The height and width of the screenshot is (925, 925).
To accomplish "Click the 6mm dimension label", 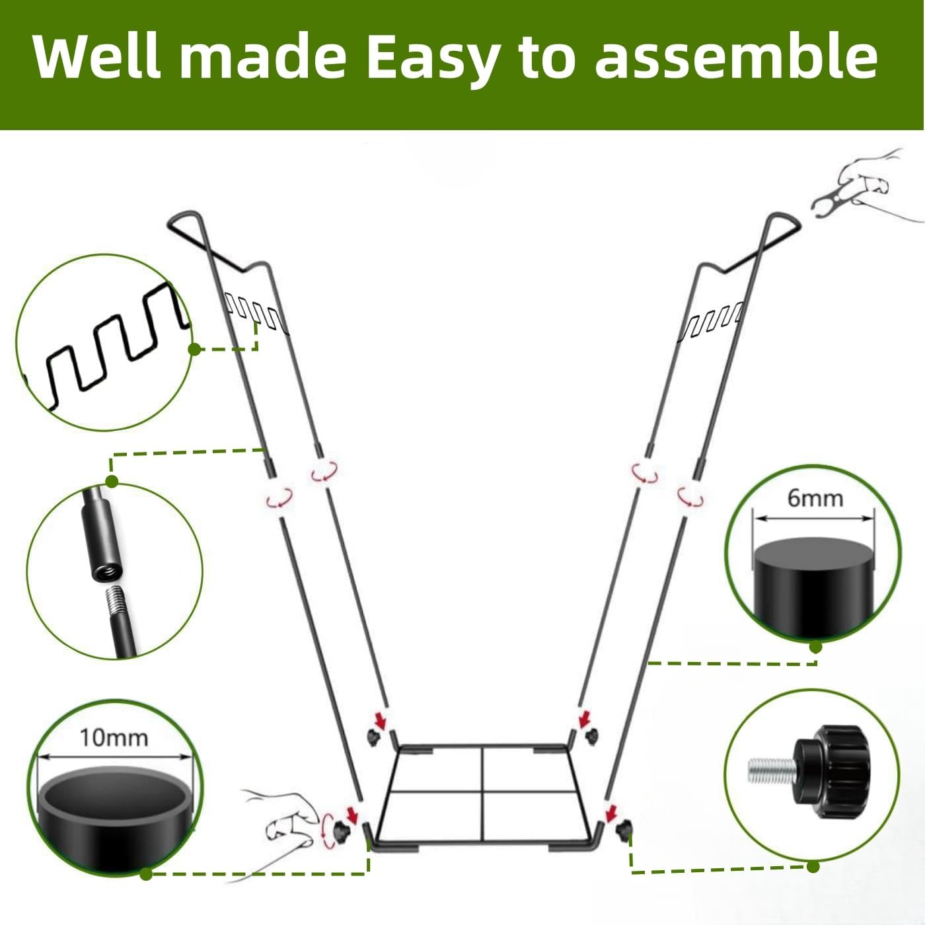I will (x=815, y=498).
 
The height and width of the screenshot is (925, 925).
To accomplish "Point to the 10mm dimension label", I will (x=114, y=737).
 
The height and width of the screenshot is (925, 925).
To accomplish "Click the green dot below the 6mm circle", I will (x=815, y=647).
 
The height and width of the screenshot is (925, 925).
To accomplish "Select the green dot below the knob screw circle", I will (x=813, y=866).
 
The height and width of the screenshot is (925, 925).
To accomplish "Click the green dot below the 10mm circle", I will (x=146, y=874).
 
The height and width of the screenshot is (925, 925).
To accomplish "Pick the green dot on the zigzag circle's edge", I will (x=194, y=349).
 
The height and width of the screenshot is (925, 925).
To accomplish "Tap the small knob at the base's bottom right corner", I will (x=623, y=829).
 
